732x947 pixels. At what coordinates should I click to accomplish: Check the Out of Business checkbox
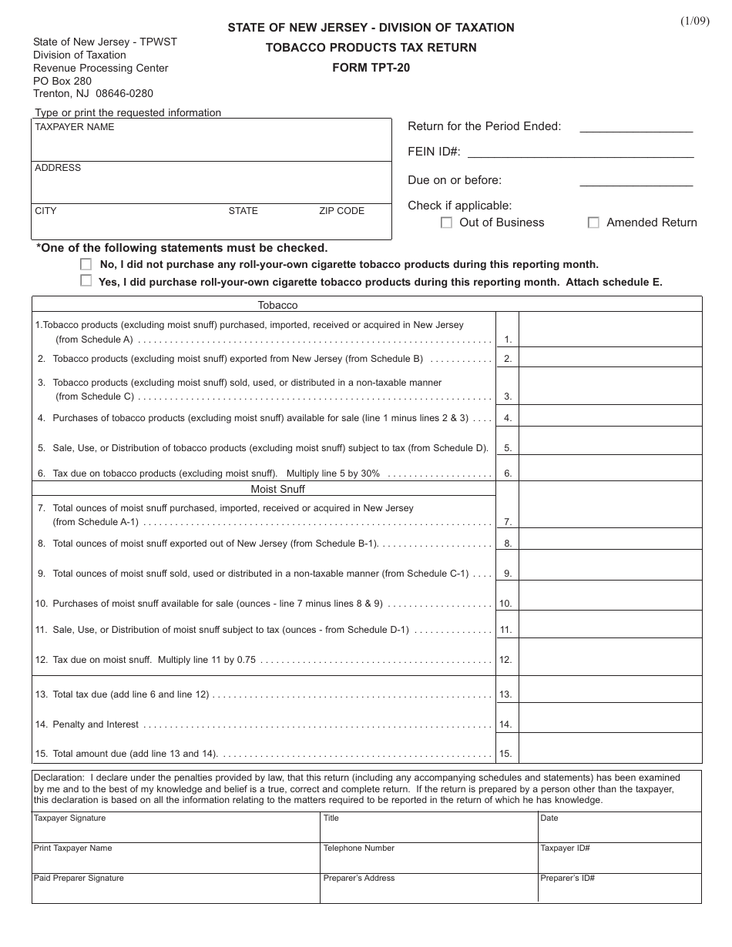click(x=446, y=223)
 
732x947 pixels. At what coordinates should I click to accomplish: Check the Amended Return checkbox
click(x=593, y=223)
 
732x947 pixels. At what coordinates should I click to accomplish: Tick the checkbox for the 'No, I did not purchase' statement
click(x=86, y=264)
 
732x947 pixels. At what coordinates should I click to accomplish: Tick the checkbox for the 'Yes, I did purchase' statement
click(x=86, y=282)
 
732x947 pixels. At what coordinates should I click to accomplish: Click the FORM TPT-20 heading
click(x=371, y=67)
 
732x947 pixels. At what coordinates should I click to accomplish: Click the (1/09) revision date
click(x=694, y=21)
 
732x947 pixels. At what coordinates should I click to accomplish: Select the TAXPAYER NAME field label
click(x=74, y=127)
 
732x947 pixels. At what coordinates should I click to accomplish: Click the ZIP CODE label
click(x=341, y=211)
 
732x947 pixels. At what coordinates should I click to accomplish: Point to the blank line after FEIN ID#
click(x=580, y=152)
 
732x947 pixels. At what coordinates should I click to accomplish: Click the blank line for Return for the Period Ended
click(x=636, y=127)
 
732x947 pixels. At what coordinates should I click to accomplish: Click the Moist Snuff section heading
click(x=277, y=489)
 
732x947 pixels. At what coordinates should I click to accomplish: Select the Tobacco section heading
click(x=277, y=306)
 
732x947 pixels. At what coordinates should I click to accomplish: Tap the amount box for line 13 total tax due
click(x=610, y=690)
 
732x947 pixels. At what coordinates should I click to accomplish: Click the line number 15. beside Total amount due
click(x=505, y=755)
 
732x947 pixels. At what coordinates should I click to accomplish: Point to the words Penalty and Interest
click(x=96, y=724)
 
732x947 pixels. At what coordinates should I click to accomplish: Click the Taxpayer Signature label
click(x=69, y=818)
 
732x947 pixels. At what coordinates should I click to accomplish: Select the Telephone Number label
click(x=358, y=848)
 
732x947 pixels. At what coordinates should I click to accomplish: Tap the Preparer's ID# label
click(x=567, y=878)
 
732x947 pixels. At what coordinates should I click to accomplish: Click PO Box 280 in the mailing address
click(x=62, y=81)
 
